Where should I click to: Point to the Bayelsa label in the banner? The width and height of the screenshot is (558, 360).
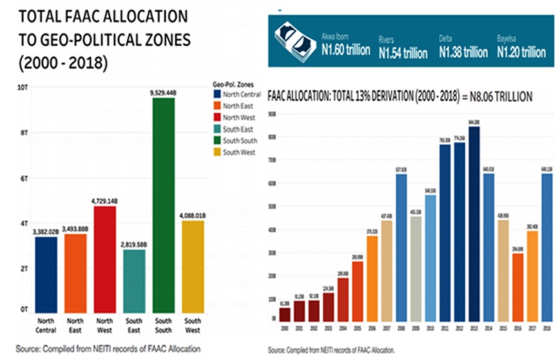click(x=508, y=37)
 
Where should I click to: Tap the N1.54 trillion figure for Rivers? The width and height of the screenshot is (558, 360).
click(x=403, y=52)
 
